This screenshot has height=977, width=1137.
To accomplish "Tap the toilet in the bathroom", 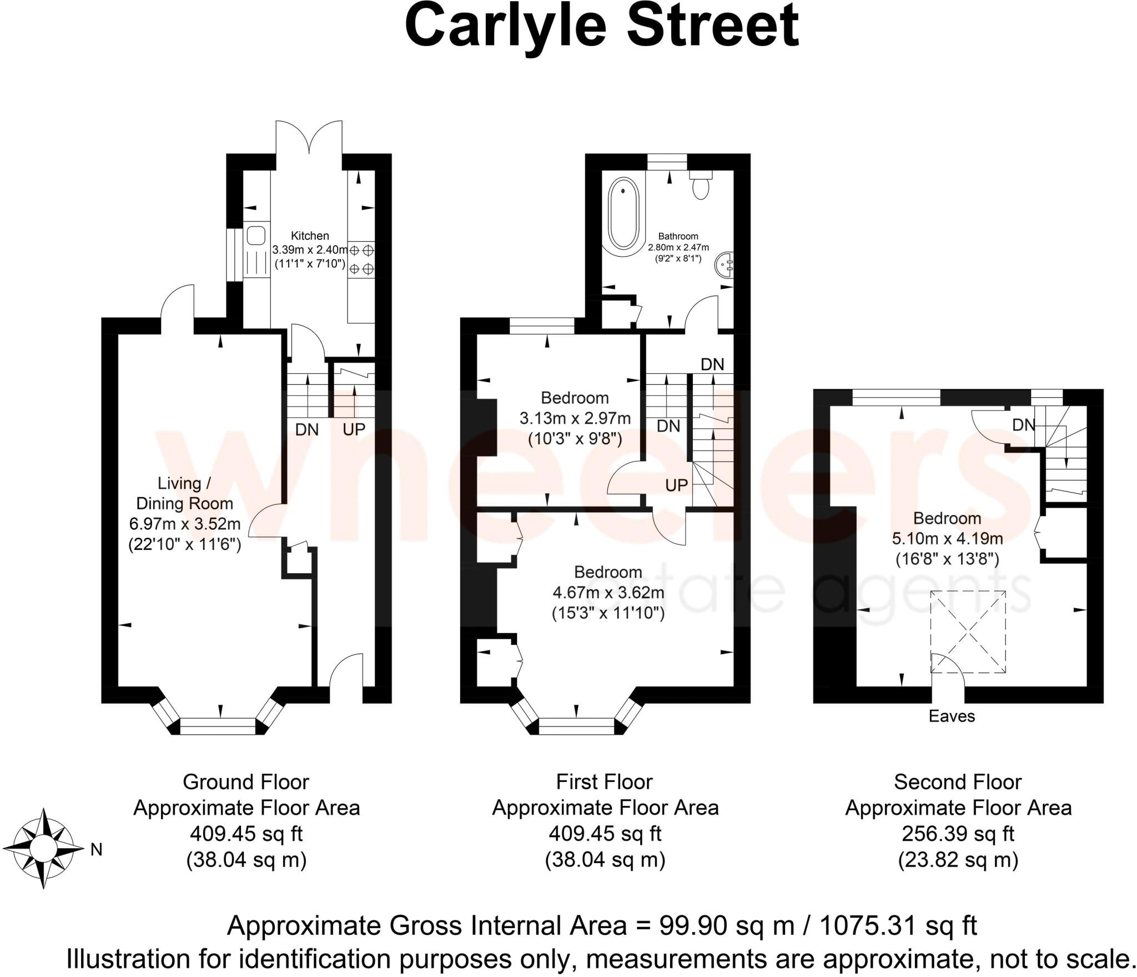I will pyautogui.click(x=701, y=185).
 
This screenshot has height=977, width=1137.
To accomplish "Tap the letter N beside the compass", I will pyautogui.click(x=96, y=849).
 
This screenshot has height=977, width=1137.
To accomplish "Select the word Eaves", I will pyautogui.click(x=952, y=716).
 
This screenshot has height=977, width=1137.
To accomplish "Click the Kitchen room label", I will pyautogui.click(x=310, y=236).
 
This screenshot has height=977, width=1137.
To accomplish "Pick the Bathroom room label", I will pyautogui.click(x=678, y=236).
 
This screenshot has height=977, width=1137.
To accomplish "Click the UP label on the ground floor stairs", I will pyautogui.click(x=354, y=429).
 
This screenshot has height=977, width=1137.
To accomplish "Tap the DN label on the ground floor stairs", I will pyautogui.click(x=307, y=429).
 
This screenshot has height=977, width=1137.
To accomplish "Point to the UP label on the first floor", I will pyautogui.click(x=676, y=485).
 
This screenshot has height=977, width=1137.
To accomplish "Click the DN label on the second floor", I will pyautogui.click(x=1023, y=425).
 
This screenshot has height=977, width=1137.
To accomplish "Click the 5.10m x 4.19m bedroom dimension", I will pyautogui.click(x=947, y=538).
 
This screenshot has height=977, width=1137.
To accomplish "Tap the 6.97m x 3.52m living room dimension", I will pyautogui.click(x=184, y=524).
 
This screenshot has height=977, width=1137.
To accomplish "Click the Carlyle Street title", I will pyautogui.click(x=601, y=27).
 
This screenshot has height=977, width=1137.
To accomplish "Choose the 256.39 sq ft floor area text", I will pyautogui.click(x=958, y=834).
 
